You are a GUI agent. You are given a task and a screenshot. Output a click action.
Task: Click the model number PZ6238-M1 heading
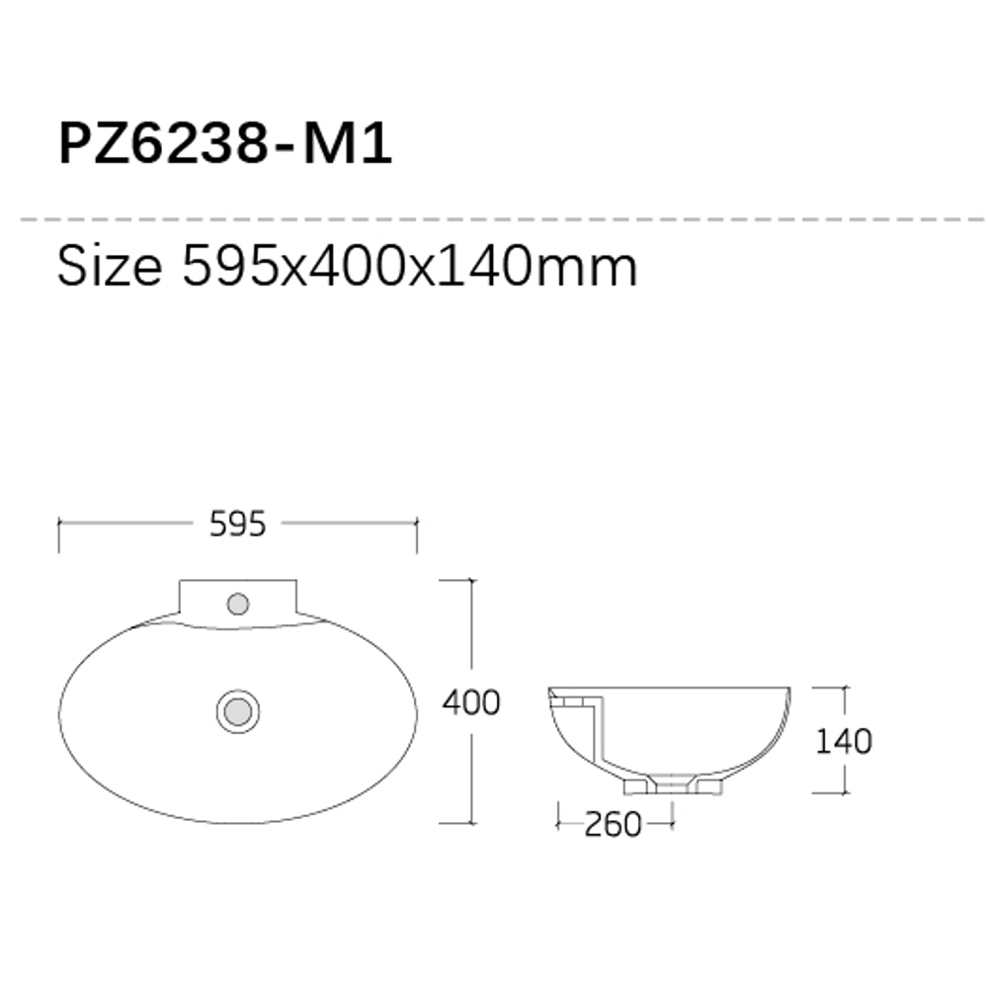point(225,144)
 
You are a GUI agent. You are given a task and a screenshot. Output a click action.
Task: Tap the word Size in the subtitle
point(109,267)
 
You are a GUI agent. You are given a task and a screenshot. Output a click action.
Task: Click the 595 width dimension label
point(238,525)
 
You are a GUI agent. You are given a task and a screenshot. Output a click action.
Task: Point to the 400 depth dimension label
point(470,702)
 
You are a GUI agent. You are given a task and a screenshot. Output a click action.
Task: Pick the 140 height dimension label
point(843,740)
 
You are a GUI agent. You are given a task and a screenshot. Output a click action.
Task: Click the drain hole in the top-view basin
point(237,710)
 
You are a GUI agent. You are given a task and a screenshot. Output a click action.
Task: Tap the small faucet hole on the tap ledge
point(238,603)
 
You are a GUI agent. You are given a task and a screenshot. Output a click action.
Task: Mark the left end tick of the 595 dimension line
point(60,535)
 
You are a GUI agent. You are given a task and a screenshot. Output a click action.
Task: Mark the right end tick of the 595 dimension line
point(416,535)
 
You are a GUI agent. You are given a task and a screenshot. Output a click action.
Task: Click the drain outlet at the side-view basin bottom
point(673,785)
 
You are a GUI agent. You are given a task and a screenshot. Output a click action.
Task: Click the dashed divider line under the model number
point(494,217)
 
